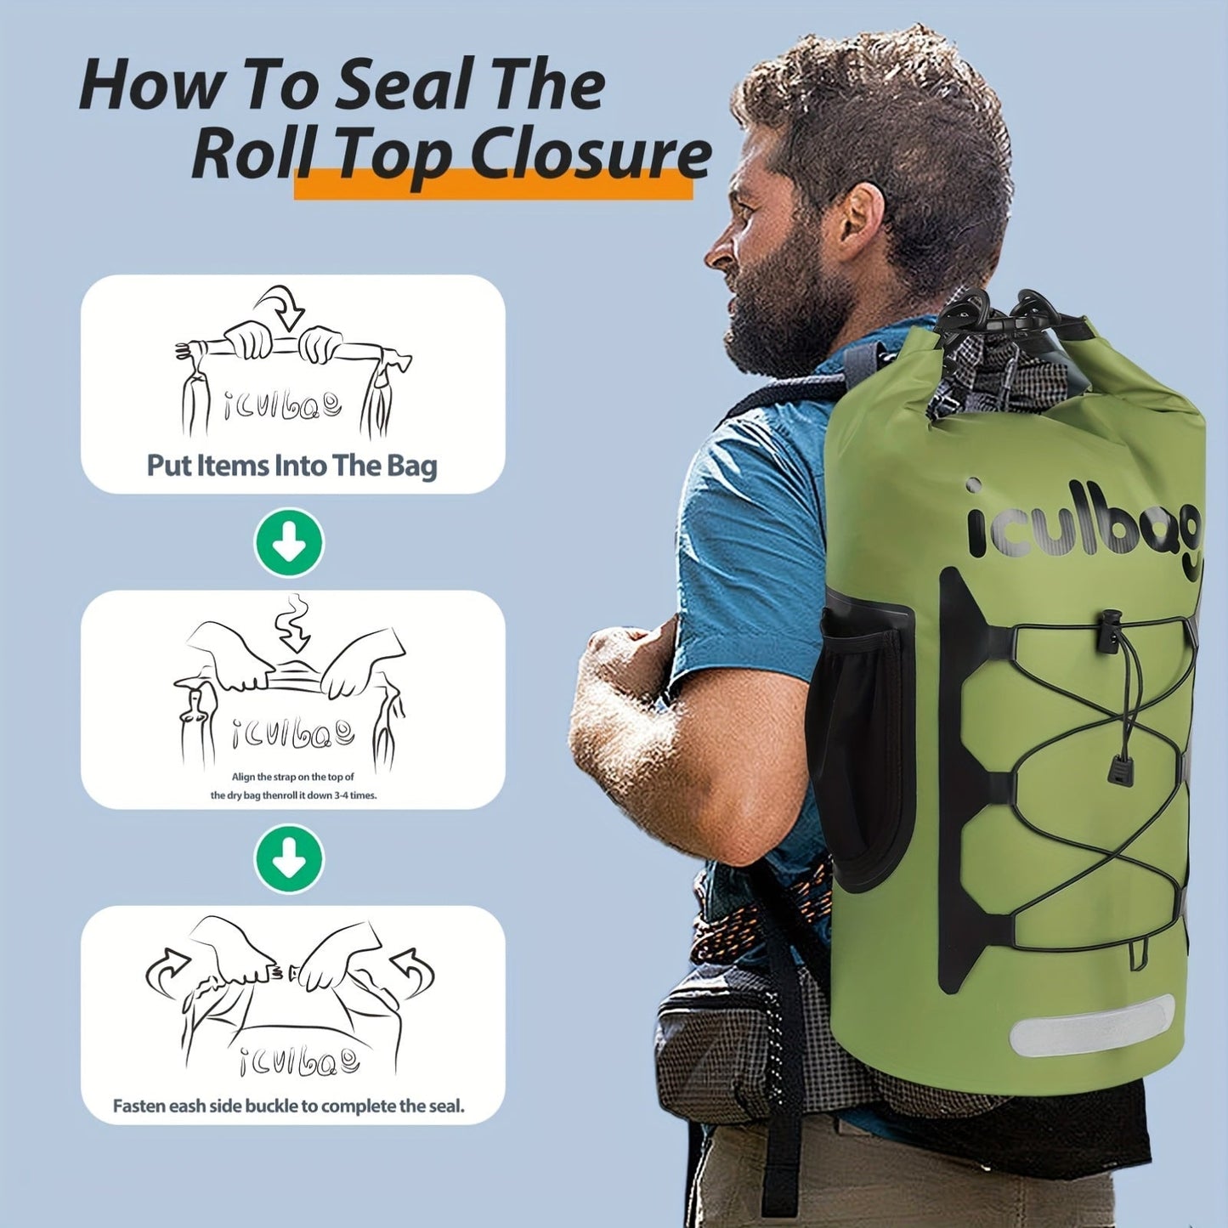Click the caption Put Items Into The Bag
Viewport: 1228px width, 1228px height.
coord(291,466)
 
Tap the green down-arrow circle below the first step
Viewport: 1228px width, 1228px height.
coord(289,542)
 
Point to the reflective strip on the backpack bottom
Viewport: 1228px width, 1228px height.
coord(1092,1026)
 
